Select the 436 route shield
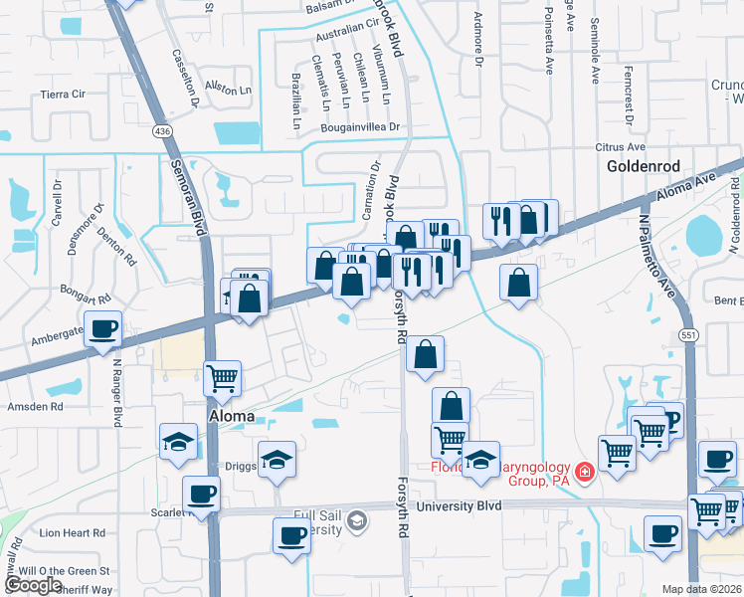pyautogui.click(x=161, y=130)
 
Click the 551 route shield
pyautogui.click(x=686, y=335)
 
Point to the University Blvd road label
pyautogui.click(x=459, y=505)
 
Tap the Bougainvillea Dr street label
pyautogui.click(x=359, y=127)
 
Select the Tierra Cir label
pyautogui.click(x=63, y=94)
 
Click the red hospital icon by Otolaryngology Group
pyautogui.click(x=585, y=471)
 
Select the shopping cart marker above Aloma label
pyautogui.click(x=222, y=377)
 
